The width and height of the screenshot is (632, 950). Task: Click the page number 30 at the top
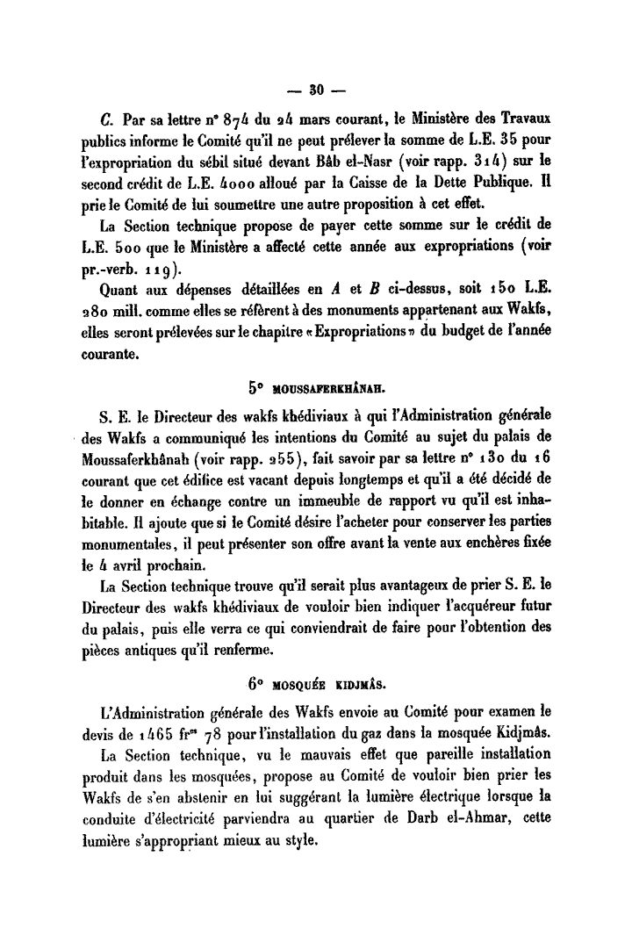click(x=316, y=89)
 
